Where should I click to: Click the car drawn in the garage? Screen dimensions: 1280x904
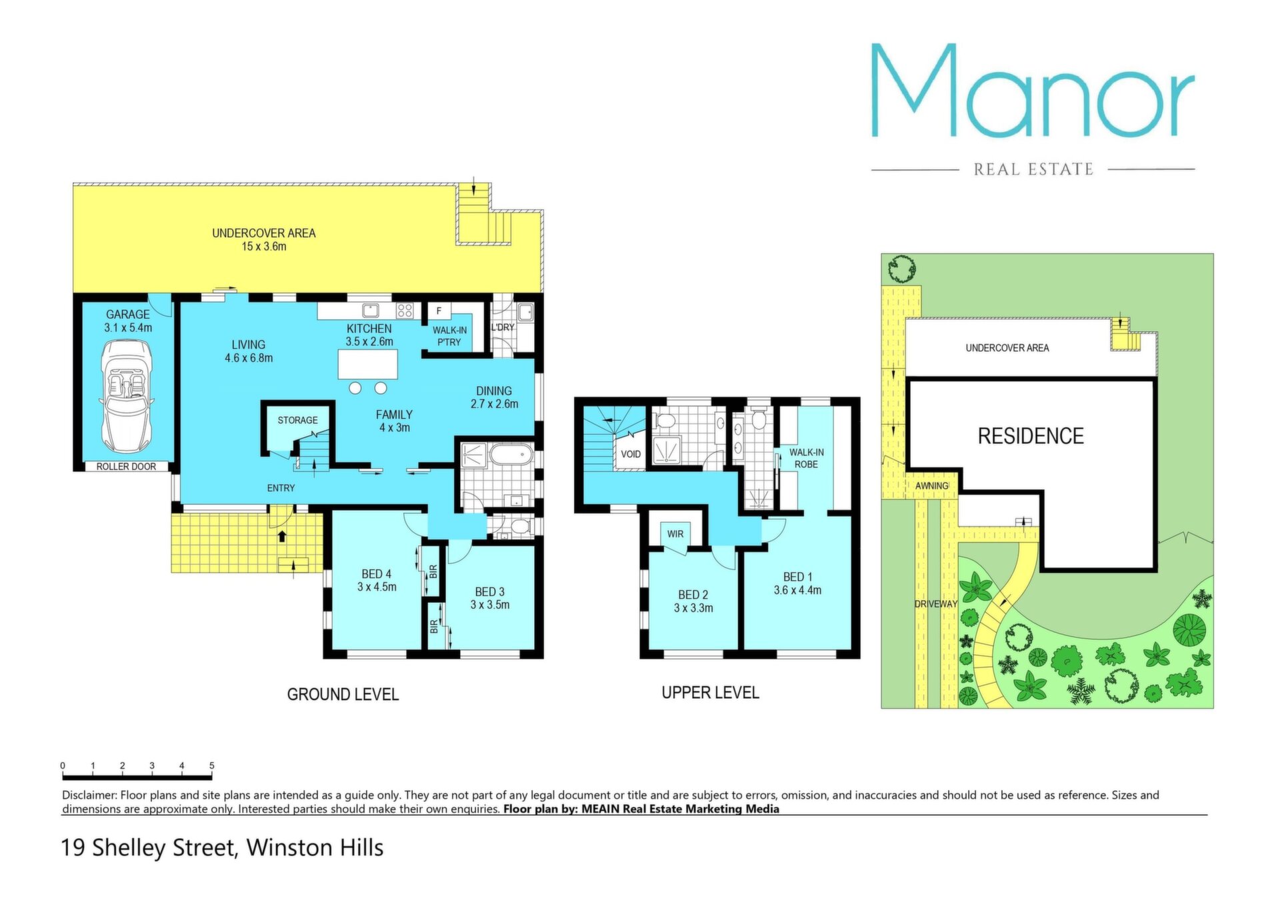[x=126, y=396]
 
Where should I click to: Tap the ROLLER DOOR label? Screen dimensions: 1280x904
[x=126, y=466]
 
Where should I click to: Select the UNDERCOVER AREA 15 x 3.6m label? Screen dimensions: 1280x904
[x=264, y=240]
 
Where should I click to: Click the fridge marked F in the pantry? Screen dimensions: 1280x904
[x=439, y=311]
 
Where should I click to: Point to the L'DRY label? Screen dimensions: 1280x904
[x=503, y=327]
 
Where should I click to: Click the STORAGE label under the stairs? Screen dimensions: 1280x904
[x=297, y=420]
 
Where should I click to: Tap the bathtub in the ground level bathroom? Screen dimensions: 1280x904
[x=511, y=456]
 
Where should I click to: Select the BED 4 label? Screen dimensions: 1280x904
[x=377, y=574]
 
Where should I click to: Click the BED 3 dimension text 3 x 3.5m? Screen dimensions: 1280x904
[x=490, y=605]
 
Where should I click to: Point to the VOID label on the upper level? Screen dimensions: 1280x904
[x=631, y=454]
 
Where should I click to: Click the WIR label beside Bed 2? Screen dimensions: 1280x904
[x=675, y=534]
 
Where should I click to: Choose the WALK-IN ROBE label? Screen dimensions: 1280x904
[x=806, y=458]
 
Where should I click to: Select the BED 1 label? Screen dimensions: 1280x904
[x=797, y=577]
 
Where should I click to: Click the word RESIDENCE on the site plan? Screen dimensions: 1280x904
[x=1031, y=436]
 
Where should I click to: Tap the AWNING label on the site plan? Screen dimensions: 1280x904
[x=931, y=486]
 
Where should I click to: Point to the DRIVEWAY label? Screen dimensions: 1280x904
[x=935, y=604]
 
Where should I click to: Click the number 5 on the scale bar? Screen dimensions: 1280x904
[x=212, y=766]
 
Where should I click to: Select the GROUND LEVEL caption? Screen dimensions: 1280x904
[x=343, y=694]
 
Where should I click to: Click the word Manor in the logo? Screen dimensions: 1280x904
[x=1033, y=91]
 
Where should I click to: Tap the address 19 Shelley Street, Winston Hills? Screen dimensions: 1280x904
[x=223, y=848]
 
